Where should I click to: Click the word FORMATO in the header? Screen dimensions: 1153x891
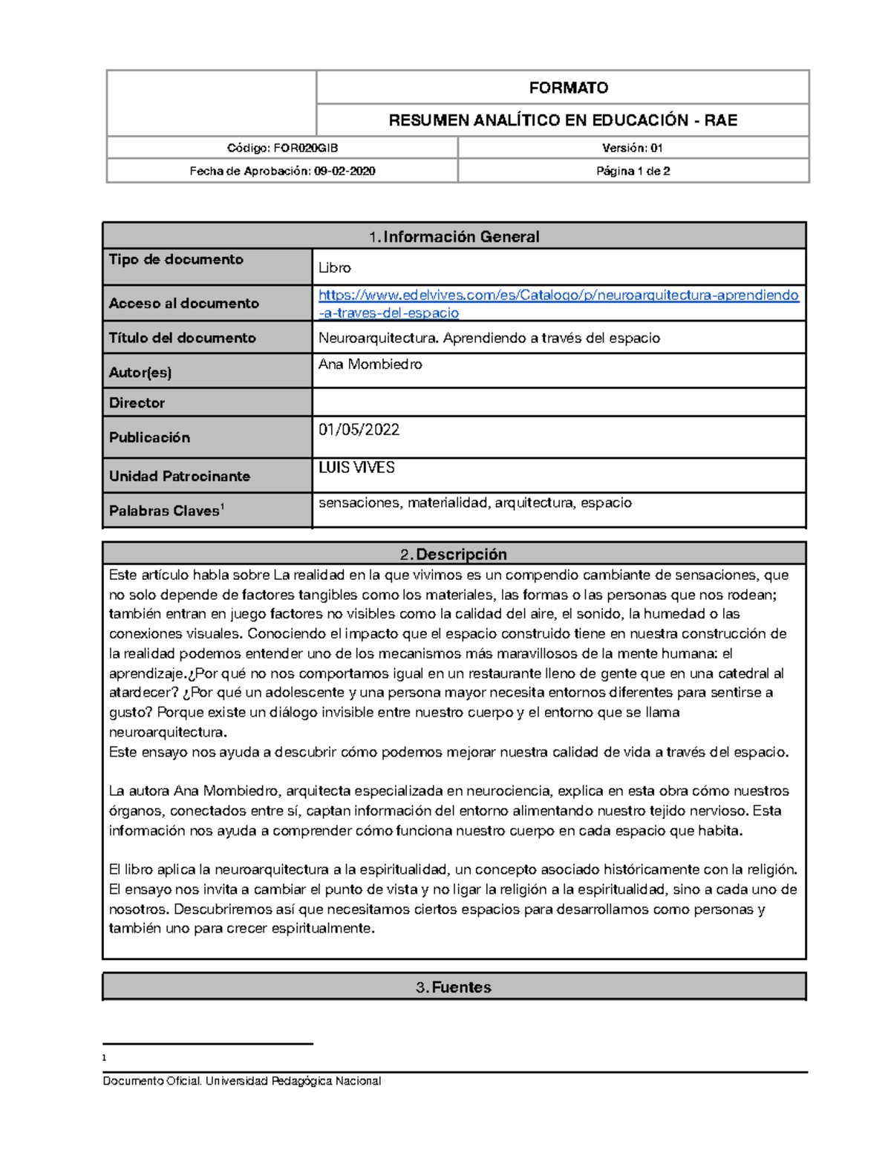[568, 88]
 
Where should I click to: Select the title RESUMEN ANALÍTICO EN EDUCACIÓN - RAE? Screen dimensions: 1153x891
[563, 120]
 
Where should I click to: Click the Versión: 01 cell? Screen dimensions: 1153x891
[632, 148]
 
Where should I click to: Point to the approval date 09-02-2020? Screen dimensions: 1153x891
[344, 172]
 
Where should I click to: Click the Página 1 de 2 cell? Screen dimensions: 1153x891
[633, 172]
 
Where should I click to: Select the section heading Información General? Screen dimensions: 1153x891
[460, 237]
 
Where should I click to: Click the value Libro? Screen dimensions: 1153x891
[335, 268]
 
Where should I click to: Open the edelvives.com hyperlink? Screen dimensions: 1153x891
[558, 295]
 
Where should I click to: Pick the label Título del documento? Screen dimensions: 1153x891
[183, 338]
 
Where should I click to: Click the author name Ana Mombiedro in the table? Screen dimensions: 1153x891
[371, 365]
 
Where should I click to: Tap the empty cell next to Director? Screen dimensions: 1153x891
[558, 402]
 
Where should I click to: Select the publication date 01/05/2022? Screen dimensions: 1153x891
[359, 430]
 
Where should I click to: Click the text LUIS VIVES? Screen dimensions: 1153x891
[356, 468]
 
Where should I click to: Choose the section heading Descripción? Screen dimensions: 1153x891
[460, 555]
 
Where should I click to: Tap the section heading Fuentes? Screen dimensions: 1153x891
[460, 987]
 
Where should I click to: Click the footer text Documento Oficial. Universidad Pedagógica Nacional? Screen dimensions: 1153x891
[242, 1081]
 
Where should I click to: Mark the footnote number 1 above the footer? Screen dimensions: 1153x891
[105, 1058]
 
